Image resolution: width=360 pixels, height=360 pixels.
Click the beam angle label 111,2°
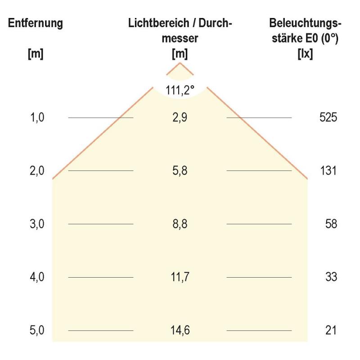pos(180,90)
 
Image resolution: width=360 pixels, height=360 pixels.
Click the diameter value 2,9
pos(180,118)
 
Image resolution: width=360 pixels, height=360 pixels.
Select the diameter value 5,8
pos(180,171)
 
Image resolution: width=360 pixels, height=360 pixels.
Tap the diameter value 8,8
pos(180,224)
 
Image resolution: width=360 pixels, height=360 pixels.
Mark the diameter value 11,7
pos(180,277)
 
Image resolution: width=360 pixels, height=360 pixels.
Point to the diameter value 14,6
pos(180,331)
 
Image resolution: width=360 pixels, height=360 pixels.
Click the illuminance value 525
pos(328,118)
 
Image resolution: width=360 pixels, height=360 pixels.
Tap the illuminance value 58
pos(331,224)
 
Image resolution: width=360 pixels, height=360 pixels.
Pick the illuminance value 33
pos(331,277)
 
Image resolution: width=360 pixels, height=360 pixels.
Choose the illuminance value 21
pos(331,331)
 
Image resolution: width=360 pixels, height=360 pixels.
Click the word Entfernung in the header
pos(36,23)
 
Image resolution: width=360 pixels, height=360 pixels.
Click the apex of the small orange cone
pos(180,63)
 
